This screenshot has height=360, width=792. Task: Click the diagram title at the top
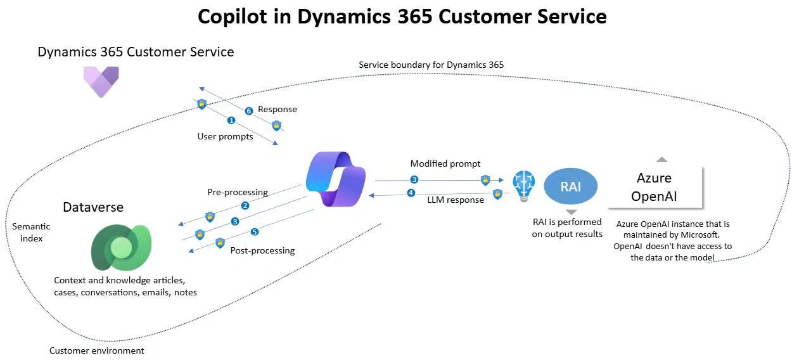402,16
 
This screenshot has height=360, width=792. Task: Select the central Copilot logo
335,179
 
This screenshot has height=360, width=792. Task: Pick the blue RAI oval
571,188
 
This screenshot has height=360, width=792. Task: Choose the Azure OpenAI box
655,187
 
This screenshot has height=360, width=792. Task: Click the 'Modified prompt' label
445,164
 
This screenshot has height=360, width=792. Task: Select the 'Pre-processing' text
238,192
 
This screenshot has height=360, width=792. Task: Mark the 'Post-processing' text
262,250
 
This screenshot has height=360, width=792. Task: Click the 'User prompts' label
226,136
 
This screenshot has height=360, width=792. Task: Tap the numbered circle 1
231,120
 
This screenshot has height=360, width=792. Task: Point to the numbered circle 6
249,111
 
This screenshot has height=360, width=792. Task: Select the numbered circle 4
411,193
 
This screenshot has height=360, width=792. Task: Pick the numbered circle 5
255,232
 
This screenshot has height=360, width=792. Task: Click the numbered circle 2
245,205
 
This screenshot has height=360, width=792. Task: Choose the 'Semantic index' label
31,233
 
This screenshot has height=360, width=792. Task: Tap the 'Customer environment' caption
97,350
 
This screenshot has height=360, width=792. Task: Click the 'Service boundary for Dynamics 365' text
431,65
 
